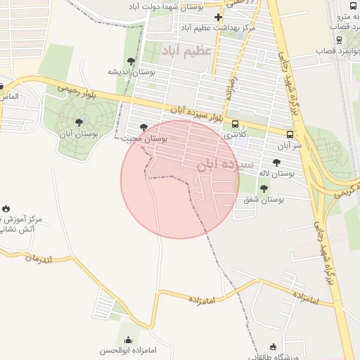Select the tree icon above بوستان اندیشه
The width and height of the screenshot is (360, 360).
[130, 60]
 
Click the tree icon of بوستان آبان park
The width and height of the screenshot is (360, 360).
[78, 122]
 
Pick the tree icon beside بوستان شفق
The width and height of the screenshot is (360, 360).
[264, 188]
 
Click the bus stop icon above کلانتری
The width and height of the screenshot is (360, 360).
[234, 124]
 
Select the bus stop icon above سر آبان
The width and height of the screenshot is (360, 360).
[290, 134]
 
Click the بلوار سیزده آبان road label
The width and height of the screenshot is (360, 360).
[196, 113]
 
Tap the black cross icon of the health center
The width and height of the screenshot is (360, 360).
[218, 18]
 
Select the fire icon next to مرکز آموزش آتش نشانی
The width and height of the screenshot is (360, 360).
[6, 209]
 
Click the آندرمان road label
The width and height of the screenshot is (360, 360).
[39, 258]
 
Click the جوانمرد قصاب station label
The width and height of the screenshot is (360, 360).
[338, 51]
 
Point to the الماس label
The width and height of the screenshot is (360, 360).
[10, 96]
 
